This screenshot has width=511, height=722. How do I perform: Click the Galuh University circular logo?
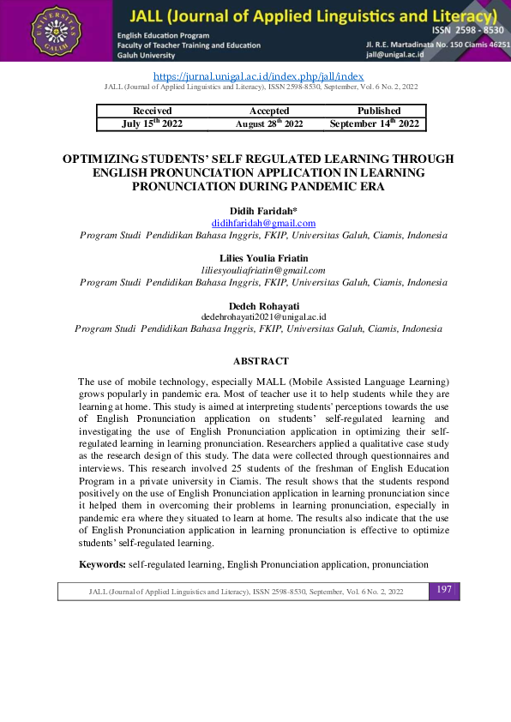[x=57, y=31]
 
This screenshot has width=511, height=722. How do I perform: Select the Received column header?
[x=153, y=111]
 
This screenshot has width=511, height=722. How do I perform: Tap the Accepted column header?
[x=269, y=111]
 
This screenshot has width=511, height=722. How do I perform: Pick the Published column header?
[x=378, y=111]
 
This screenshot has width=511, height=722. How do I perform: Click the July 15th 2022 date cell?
[x=153, y=123]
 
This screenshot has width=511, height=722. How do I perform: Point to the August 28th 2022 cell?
[x=269, y=123]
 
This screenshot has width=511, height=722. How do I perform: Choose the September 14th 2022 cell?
[x=375, y=123]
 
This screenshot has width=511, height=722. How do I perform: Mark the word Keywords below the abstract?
[x=102, y=564]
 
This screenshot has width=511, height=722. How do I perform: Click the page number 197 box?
[x=443, y=590]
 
